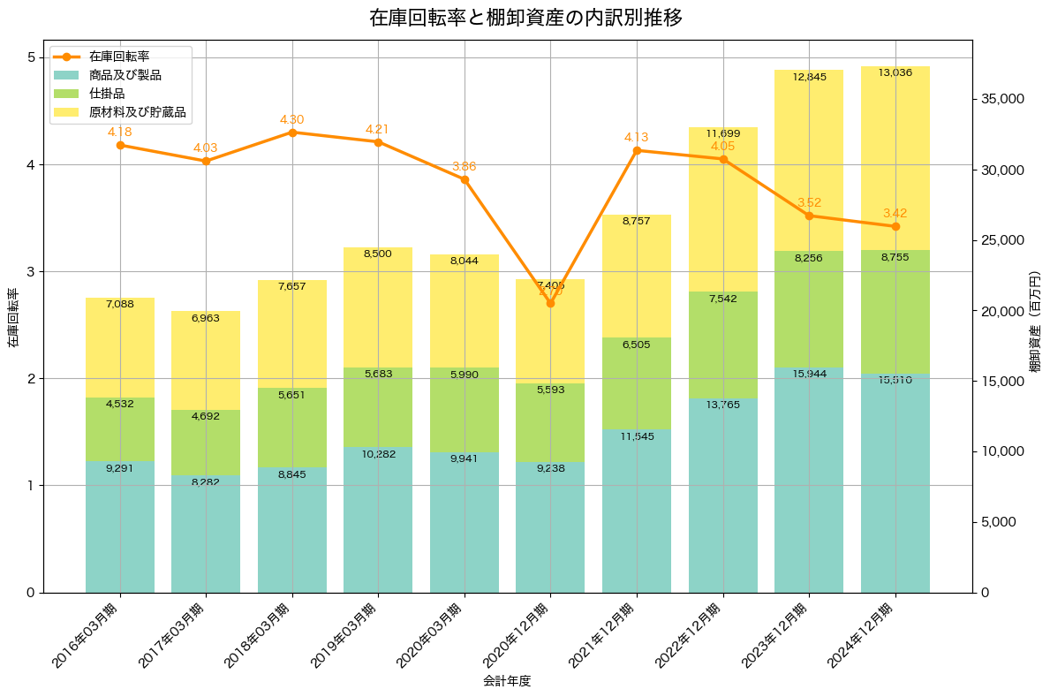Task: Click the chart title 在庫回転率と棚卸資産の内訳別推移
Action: point(525,18)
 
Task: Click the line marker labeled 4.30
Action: point(292,133)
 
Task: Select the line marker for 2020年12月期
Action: point(550,303)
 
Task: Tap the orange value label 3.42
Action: point(895,213)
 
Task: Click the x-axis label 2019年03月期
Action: point(347,635)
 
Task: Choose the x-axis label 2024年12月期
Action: point(864,635)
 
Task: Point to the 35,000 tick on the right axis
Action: point(1006,99)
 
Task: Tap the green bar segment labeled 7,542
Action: point(722,345)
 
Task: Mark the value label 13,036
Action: point(895,72)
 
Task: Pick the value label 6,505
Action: point(636,345)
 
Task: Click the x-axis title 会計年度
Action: point(507,681)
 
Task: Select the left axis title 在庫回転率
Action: point(12,318)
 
